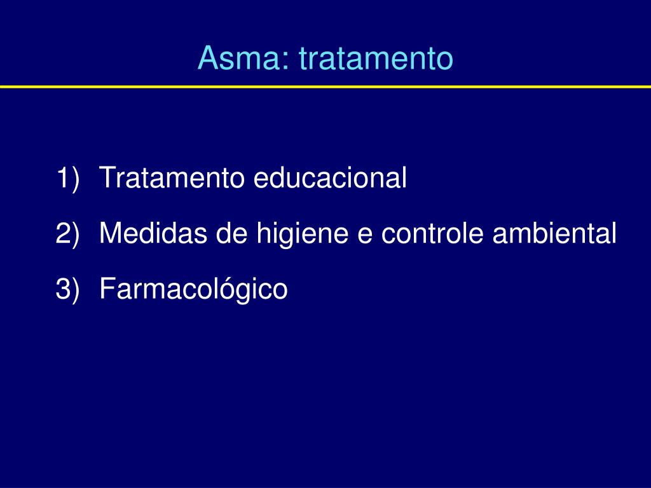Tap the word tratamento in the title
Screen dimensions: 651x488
click(376, 58)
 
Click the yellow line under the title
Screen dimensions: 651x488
click(325, 86)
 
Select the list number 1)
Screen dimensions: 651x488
click(67, 179)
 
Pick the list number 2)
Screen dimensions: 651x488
click(67, 234)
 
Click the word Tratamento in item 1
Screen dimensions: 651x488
click(172, 177)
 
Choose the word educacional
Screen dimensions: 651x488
click(330, 177)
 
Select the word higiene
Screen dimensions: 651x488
click(302, 234)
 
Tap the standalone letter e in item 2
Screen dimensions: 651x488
click(364, 236)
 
